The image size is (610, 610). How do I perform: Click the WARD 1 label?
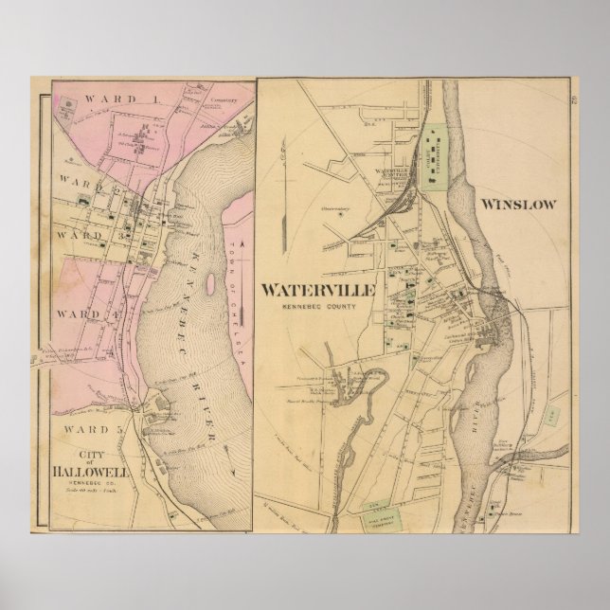(x=96, y=99)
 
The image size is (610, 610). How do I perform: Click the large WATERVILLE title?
(x=321, y=288)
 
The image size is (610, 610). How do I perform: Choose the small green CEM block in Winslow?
(x=550, y=417)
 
